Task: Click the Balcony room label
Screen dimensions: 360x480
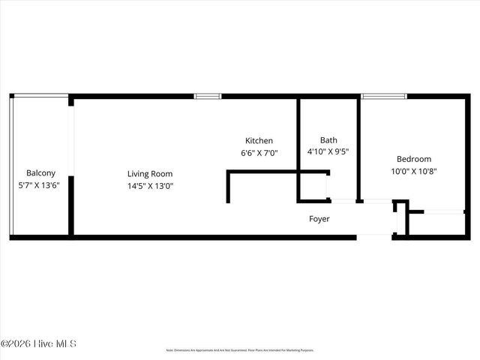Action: (x=41, y=172)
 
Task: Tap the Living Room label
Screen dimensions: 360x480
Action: (x=150, y=174)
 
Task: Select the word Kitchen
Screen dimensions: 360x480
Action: (x=259, y=140)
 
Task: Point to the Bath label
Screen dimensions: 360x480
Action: (x=328, y=139)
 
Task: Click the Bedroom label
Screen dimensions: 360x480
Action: (x=414, y=159)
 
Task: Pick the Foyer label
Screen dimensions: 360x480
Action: (x=319, y=219)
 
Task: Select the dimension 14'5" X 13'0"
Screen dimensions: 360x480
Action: (x=151, y=186)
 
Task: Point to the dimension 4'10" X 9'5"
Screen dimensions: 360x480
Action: (x=328, y=151)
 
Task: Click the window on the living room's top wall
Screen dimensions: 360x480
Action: (x=208, y=96)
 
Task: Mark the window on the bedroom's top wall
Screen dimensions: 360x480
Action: (x=384, y=96)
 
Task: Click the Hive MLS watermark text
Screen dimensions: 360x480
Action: (x=38, y=344)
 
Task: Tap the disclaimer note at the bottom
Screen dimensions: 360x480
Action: (x=240, y=350)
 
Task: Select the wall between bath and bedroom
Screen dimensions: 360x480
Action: (x=358, y=148)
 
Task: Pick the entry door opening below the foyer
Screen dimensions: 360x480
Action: (x=374, y=237)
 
